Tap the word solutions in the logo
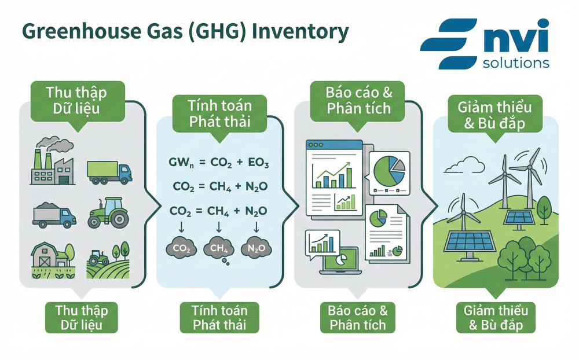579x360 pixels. [x=516, y=62]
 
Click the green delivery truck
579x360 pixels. [x=109, y=171]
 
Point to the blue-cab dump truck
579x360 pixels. [x=54, y=215]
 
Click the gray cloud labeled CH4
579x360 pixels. [x=216, y=248]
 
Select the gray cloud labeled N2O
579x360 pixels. [x=255, y=247]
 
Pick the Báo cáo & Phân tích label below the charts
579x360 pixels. [x=358, y=317]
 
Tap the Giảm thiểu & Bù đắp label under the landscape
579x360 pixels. [x=496, y=317]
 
